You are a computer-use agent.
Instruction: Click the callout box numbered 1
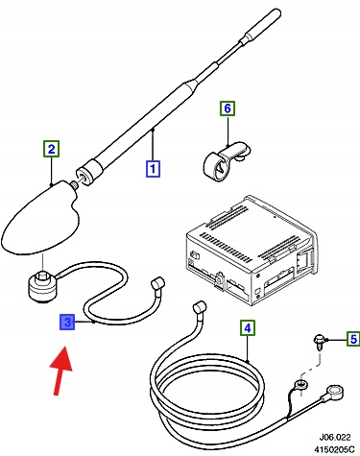tap(153, 169)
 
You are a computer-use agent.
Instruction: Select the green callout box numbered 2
tap(52, 149)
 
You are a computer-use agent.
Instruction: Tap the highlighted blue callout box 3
tap(67, 322)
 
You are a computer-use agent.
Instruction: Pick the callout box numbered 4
tap(248, 327)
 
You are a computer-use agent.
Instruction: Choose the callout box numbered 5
tap(353, 339)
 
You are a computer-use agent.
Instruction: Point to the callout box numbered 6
tap(228, 108)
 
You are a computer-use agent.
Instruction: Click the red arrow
tap(61, 372)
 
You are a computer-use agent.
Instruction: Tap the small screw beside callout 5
tap(319, 342)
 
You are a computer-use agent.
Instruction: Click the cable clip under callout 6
tap(227, 162)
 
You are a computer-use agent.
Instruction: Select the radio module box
tap(252, 251)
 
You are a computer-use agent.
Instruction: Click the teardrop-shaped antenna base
tap(40, 219)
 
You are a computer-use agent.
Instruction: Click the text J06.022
tap(335, 437)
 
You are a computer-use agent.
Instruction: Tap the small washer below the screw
tap(300, 383)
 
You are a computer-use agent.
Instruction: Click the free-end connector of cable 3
tap(157, 284)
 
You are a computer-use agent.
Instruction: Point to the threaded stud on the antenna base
tap(75, 185)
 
